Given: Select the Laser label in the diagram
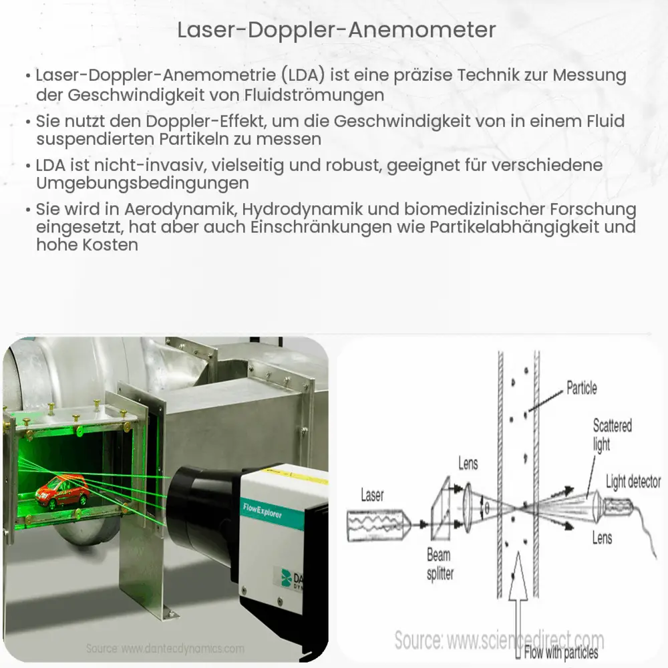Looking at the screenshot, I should coord(372,495).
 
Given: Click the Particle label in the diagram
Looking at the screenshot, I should coord(581,387).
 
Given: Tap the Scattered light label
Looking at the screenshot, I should coord(611,435).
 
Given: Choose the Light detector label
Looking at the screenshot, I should coord(633,482).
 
